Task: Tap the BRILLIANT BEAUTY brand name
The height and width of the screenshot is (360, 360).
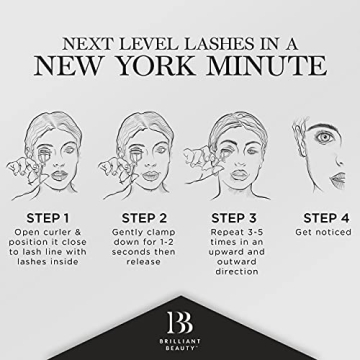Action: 180,345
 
